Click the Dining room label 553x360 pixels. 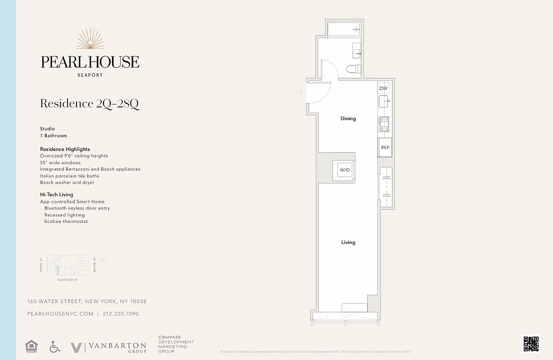click(348, 119)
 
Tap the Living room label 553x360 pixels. click(348, 243)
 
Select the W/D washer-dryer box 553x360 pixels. click(345, 170)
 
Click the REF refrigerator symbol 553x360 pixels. click(385, 148)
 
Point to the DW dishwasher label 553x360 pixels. click(383, 89)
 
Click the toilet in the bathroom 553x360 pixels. click(353, 69)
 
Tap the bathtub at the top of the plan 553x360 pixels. click(344, 30)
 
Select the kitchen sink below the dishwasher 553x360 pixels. click(384, 102)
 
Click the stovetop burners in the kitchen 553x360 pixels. click(385, 124)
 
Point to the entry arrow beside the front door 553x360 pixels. click(301, 93)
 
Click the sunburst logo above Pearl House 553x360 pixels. click(90, 39)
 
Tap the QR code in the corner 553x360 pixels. click(531, 344)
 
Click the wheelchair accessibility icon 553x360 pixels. click(55, 346)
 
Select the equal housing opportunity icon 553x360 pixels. click(31, 346)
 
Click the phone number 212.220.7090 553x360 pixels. click(121, 314)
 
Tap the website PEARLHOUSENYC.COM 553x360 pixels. click(60, 314)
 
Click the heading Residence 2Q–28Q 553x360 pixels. click(90, 103)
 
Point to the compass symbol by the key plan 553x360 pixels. click(104, 261)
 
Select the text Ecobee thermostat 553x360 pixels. click(66, 221)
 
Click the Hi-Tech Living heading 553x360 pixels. click(57, 195)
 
